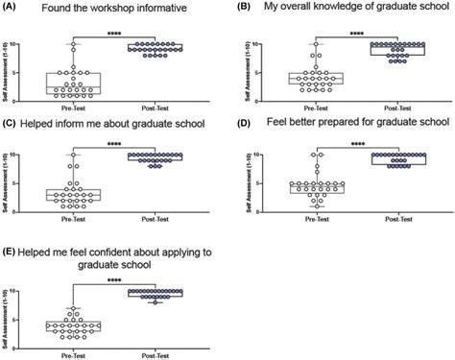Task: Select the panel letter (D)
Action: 242,122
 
